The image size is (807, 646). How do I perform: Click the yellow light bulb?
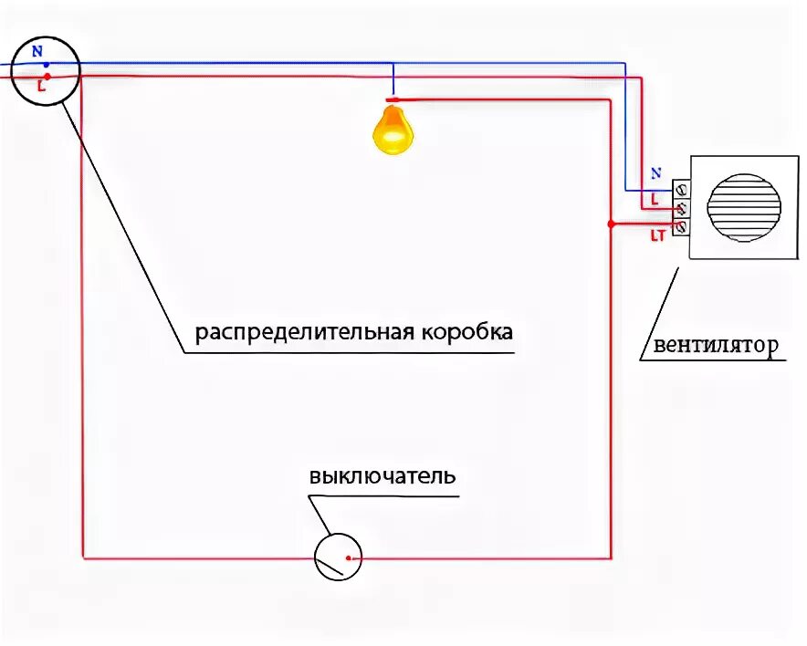[x=393, y=130]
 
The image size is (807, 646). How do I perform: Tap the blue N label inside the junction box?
[x=37, y=52]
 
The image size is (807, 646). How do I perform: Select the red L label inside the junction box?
[x=41, y=88]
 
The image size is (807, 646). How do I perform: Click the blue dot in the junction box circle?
[x=46, y=65]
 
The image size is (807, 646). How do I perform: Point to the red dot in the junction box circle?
[x=47, y=77]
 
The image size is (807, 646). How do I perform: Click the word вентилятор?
[x=714, y=346]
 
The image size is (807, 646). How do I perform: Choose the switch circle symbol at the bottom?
[x=338, y=557]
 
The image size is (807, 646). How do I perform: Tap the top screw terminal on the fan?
[x=681, y=190]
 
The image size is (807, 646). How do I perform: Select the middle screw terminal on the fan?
[x=681, y=208]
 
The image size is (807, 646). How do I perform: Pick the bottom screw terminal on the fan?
[x=681, y=225]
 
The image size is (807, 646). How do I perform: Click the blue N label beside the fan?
[x=655, y=172]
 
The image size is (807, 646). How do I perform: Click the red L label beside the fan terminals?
[x=655, y=199]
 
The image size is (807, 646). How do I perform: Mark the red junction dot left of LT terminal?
[x=612, y=224]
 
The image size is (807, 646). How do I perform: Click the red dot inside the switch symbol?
[x=348, y=557]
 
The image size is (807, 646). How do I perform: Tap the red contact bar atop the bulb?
[x=393, y=99]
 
